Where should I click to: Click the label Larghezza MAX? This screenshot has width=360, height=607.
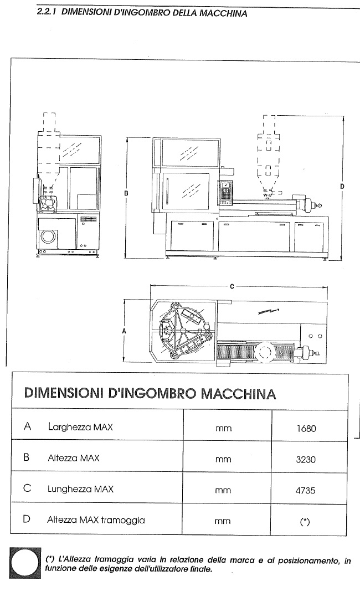(x=80, y=427)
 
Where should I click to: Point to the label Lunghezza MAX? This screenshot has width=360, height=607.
(x=81, y=489)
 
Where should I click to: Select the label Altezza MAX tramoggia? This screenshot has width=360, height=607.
(x=96, y=520)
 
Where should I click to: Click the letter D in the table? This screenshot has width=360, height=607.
(x=27, y=519)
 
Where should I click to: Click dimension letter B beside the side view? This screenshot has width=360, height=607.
(x=127, y=194)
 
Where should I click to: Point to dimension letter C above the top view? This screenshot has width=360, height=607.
(x=232, y=286)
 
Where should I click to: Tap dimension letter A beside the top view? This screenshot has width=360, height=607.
(x=124, y=331)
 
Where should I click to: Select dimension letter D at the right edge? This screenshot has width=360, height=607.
(x=342, y=187)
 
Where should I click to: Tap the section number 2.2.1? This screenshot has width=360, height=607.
(x=47, y=12)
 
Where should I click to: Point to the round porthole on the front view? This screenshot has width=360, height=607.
(x=49, y=236)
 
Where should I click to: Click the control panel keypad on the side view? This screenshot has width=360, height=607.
(x=226, y=191)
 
